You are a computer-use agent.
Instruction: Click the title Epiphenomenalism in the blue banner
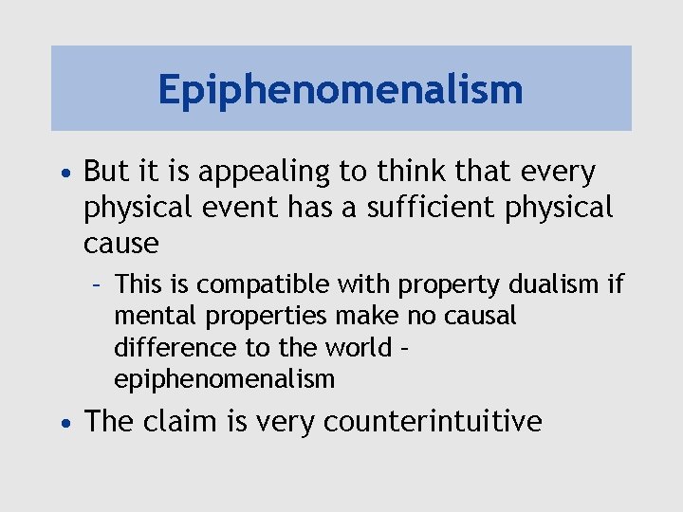pos(341,90)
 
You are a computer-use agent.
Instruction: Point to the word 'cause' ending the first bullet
pos(120,243)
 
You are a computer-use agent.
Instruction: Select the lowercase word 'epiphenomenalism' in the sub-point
pos(224,380)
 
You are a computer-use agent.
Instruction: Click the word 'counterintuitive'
pos(433,421)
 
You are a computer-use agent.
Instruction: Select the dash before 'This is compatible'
pos(98,283)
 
